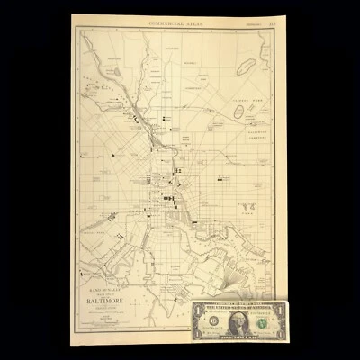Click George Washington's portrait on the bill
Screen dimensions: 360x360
[x=238, y=319]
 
